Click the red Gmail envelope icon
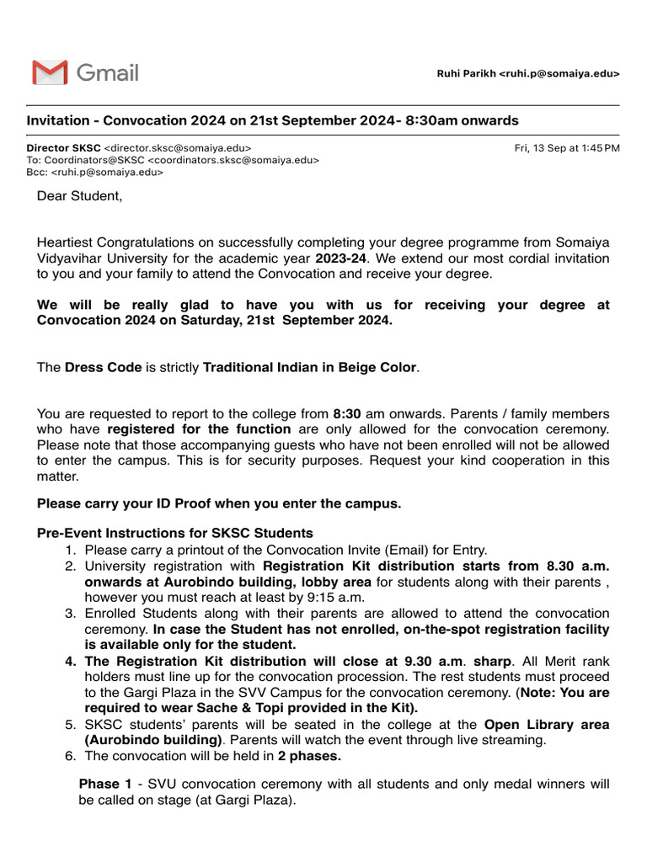(x=50, y=73)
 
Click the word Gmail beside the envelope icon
(x=107, y=73)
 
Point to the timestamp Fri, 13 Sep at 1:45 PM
(x=566, y=147)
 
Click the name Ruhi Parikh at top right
(x=466, y=74)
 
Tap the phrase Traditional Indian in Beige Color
(x=310, y=368)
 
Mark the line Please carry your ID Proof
(x=219, y=504)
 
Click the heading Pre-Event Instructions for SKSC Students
(x=175, y=533)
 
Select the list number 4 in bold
(x=71, y=662)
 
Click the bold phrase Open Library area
(x=547, y=725)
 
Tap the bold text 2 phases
(x=309, y=757)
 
